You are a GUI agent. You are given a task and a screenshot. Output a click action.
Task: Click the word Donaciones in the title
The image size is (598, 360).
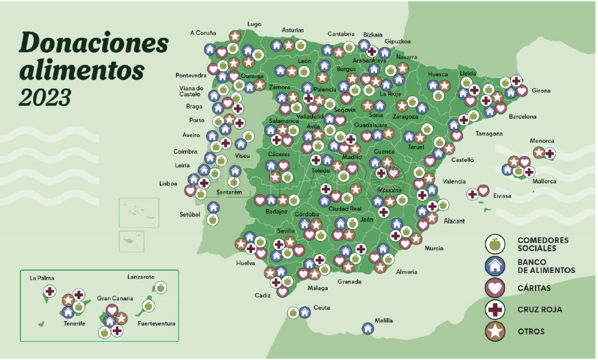tap(94, 43)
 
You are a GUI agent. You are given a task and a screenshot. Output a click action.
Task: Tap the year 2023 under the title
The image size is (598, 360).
tap(45, 97)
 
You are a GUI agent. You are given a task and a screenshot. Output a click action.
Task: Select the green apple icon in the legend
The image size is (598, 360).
tap(495, 244)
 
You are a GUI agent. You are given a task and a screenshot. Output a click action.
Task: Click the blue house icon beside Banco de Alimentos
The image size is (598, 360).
tap(495, 265)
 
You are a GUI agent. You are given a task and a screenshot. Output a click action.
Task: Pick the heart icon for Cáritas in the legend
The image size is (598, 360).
tap(495, 287)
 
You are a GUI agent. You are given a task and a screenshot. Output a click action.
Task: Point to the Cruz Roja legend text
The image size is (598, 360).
tap(539, 309)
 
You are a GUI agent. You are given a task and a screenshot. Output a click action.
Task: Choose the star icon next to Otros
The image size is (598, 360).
tap(495, 331)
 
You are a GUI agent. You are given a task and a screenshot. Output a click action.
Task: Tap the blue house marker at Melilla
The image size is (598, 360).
tap(368, 329)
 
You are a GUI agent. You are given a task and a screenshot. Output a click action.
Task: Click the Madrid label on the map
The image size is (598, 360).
tap(352, 157)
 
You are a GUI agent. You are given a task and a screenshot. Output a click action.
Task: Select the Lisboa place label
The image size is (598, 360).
tap(168, 184)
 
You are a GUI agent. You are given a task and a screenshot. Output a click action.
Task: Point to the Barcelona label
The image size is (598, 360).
tap(522, 117)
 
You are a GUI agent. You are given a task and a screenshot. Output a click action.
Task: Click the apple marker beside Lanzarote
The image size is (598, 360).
tap(160, 287)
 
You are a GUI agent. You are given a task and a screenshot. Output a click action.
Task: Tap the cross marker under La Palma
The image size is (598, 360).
tap(49, 290)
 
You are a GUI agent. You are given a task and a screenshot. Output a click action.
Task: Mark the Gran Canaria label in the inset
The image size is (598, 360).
tap(115, 298)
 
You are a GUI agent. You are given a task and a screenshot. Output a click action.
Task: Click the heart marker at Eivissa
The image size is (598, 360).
tap(483, 190)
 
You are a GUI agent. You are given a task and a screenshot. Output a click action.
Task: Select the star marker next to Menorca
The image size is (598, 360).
tap(539, 152)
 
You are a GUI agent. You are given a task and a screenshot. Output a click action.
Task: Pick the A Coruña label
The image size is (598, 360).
tap(203, 32)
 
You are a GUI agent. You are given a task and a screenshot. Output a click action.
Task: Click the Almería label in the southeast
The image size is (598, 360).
tap(406, 272)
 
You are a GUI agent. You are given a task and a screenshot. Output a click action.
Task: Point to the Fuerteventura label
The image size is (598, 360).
tap(157, 323)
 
